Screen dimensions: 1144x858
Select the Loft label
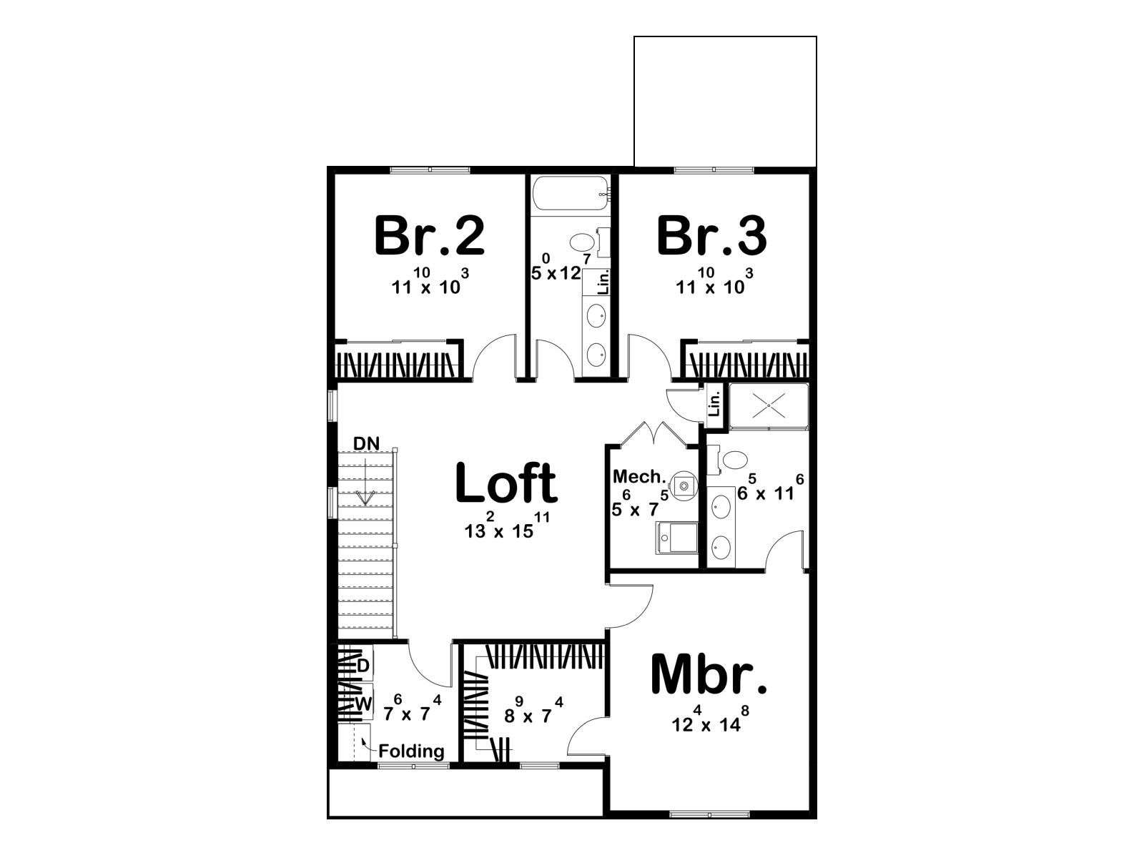507,483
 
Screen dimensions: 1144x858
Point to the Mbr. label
709,675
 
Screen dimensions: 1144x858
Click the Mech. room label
639,476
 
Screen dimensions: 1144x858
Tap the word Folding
411,751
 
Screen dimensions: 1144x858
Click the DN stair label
366,443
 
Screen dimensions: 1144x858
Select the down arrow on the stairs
366,478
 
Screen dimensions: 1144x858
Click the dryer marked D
363,665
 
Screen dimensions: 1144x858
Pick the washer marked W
363,704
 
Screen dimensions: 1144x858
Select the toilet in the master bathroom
729,460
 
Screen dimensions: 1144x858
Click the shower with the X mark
768,407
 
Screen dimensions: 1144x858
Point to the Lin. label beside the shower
715,404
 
